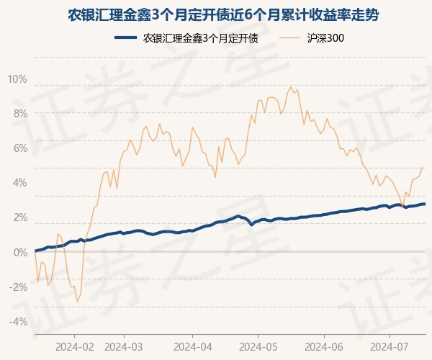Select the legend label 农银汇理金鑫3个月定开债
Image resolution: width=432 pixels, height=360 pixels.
click(202, 38)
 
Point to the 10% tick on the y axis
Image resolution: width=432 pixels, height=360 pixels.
click(17, 78)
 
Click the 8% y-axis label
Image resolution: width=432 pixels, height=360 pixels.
click(19, 113)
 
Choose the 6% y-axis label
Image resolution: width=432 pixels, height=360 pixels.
click(19, 148)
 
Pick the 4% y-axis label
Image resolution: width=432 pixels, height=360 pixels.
click(19, 182)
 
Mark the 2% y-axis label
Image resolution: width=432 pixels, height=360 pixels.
click(19, 217)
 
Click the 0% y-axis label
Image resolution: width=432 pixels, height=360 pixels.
click(19, 252)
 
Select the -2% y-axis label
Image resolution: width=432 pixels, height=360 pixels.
click(18, 287)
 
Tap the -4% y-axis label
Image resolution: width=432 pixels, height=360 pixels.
click(18, 321)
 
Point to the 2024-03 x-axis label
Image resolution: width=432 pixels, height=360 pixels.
click(124, 346)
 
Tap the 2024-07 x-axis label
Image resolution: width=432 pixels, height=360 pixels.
click(390, 346)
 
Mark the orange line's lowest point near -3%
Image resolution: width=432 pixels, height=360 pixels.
click(77, 302)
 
